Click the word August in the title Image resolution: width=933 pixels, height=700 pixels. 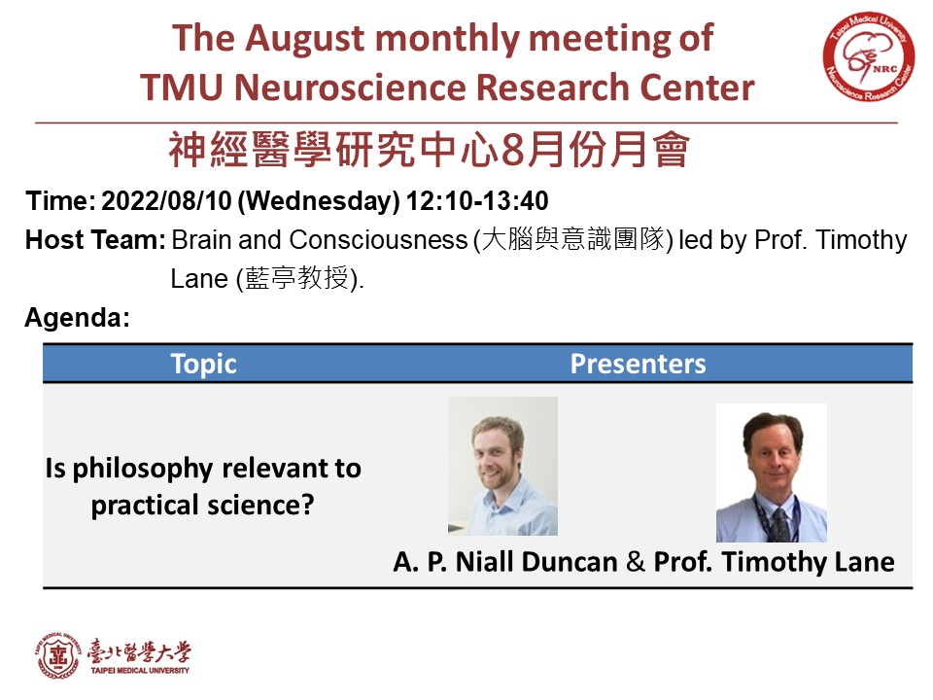coord(305,39)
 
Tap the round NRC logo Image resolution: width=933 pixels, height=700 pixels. coord(869,56)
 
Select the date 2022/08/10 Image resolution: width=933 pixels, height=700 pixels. coord(166,200)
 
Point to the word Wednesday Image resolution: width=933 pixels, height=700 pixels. coord(319,201)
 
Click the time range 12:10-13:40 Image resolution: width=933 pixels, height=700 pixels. coord(477,200)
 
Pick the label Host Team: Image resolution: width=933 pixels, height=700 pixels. coord(95,240)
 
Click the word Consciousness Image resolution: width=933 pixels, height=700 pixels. coord(378,240)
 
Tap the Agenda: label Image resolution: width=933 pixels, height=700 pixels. coord(78,317)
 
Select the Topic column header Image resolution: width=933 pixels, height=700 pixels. coord(203,364)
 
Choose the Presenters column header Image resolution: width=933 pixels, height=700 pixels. coord(638,364)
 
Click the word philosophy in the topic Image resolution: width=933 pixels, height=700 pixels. coord(142,469)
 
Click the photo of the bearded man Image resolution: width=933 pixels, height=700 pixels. coord(502,466)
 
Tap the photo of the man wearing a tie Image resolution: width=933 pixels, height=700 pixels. coord(772,472)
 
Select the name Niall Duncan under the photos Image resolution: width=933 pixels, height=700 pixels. coord(536,562)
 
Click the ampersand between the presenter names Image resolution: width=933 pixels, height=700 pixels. coord(636,562)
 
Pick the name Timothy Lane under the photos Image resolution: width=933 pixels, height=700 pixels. coord(808,563)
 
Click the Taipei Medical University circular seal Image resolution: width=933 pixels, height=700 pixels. coord(57,655)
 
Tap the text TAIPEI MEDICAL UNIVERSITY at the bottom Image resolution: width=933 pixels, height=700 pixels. coord(140,671)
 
